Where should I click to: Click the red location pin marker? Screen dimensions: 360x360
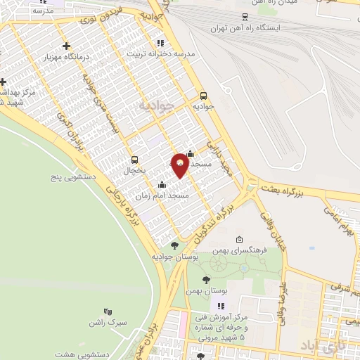[x=180, y=165]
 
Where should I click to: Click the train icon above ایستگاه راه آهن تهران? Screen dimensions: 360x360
[x=245, y=17]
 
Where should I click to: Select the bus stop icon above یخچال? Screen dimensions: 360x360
[x=134, y=159]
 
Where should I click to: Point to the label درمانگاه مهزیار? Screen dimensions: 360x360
[x=65, y=56]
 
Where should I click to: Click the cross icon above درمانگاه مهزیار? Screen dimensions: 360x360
[x=66, y=46]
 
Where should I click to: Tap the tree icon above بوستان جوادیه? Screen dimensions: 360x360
[x=174, y=245]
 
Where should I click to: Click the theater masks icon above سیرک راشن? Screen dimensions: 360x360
[x=108, y=311]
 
